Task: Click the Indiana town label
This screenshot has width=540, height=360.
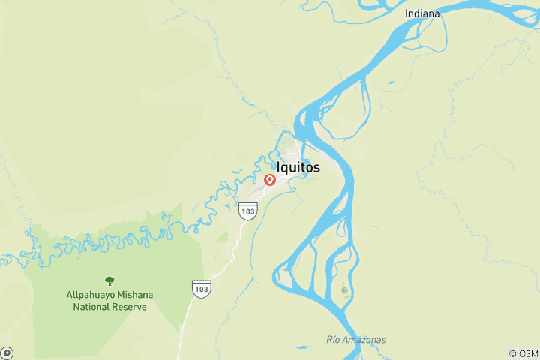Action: (422, 13)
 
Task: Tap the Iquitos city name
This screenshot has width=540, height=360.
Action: (298, 168)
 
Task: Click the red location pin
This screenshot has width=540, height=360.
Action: (270, 180)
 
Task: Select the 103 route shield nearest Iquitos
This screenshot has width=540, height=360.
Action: (248, 211)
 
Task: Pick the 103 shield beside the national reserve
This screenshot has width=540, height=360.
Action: (200, 287)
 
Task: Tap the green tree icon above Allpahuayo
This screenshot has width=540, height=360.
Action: (109, 280)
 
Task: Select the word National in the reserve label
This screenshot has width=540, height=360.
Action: (91, 307)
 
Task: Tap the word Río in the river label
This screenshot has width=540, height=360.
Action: (334, 340)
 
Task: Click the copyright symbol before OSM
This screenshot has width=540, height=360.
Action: (513, 353)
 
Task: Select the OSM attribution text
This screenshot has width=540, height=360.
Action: (527, 353)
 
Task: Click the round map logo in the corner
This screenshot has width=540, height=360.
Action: (7, 352)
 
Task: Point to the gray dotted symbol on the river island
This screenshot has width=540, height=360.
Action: (345, 289)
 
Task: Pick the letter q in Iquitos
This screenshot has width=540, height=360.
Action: (288, 169)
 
